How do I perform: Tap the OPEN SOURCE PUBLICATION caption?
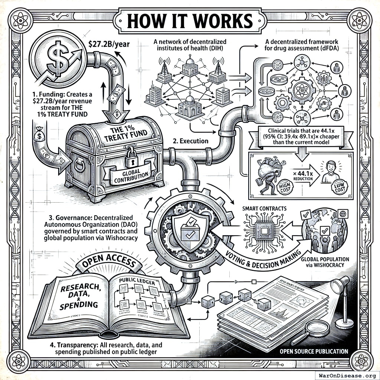click(x=314, y=351)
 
